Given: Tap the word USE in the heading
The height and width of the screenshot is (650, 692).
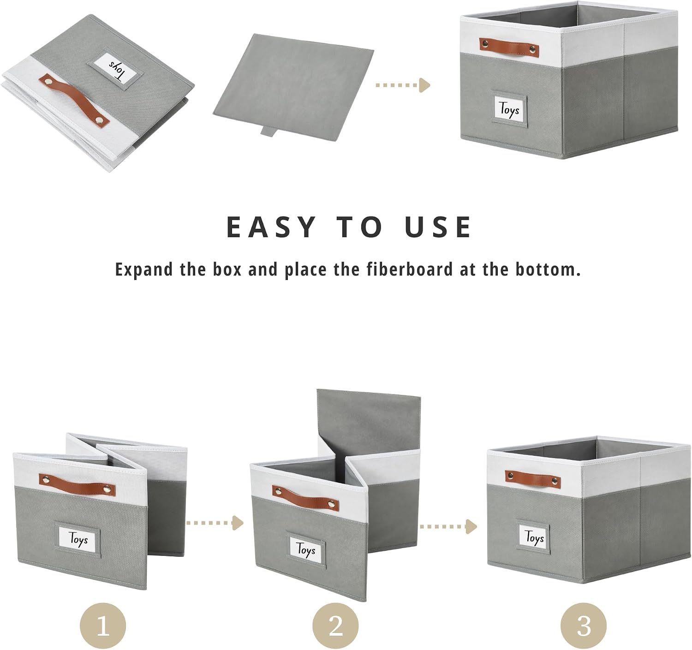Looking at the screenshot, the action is click(438, 227).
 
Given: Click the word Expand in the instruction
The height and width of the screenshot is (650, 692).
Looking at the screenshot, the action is click(144, 270).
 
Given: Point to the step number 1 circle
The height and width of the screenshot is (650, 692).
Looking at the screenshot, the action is click(103, 626).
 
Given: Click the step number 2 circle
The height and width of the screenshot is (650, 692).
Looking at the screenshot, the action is click(335, 626).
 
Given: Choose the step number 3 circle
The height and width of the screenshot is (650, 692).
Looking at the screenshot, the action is click(584, 626).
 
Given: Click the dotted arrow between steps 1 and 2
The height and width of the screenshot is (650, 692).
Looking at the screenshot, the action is click(215, 523).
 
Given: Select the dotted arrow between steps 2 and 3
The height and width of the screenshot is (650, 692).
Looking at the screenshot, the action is click(448, 526).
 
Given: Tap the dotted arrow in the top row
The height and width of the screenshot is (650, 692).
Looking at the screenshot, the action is click(403, 85).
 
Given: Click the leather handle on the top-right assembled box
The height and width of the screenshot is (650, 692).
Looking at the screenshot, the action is click(509, 47).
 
